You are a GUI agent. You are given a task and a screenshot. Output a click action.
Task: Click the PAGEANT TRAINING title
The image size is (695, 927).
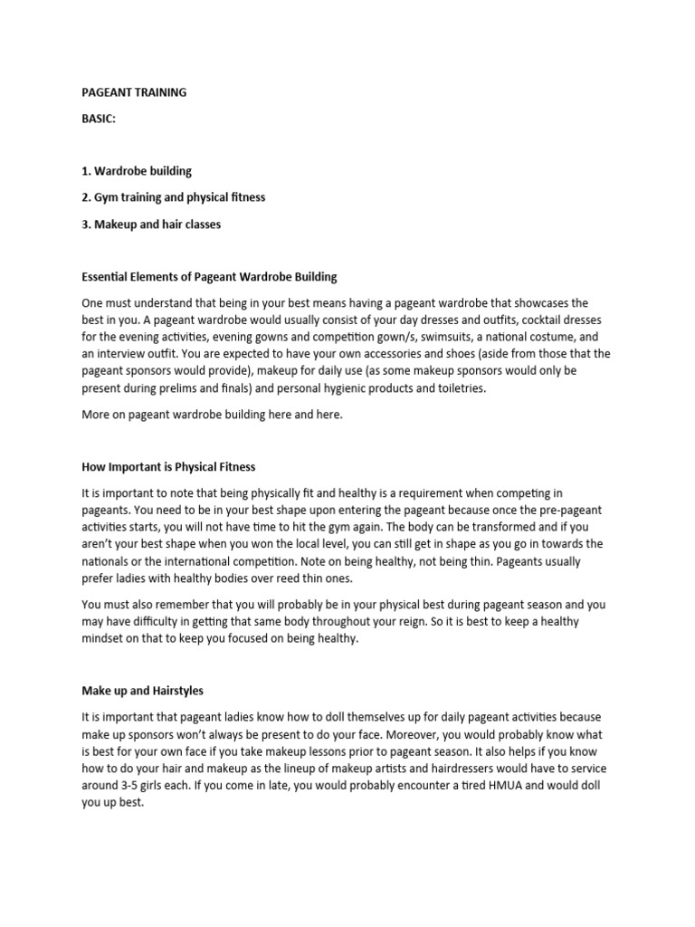pyautogui.click(x=134, y=91)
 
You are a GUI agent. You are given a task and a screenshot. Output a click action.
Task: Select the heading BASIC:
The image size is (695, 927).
pyautogui.click(x=100, y=119)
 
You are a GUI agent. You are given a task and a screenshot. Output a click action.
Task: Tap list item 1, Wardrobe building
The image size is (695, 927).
pyautogui.click(x=137, y=170)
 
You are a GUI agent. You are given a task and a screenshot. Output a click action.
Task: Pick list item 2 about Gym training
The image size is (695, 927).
pyautogui.click(x=173, y=196)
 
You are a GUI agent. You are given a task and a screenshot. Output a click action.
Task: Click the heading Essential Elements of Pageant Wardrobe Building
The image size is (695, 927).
pyautogui.click(x=209, y=276)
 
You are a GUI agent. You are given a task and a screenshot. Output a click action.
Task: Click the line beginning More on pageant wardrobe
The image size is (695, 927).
pyautogui.click(x=213, y=416)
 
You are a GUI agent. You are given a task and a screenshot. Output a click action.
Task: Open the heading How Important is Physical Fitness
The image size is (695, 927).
pyautogui.click(x=168, y=467)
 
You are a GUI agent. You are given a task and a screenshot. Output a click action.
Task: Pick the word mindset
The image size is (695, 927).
pyautogui.click(x=107, y=638)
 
